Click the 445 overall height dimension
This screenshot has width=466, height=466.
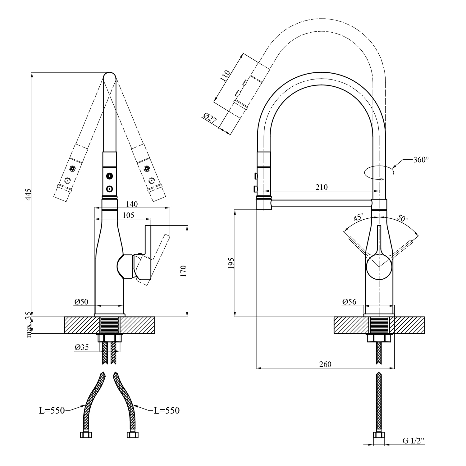(x=28, y=194)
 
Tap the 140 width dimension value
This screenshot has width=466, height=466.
(x=132, y=204)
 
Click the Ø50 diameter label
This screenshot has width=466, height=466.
(x=81, y=301)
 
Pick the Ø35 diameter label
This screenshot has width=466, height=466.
(x=82, y=347)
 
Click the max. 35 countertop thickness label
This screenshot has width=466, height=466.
(x=29, y=325)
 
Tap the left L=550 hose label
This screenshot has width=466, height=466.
(x=52, y=411)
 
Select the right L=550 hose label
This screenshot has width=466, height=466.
(x=167, y=411)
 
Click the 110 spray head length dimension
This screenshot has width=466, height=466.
(x=225, y=76)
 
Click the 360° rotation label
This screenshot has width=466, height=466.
(x=421, y=160)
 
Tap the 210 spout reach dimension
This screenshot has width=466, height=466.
(x=322, y=187)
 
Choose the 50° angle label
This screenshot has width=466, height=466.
(x=403, y=218)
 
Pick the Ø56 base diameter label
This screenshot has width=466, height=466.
(x=349, y=301)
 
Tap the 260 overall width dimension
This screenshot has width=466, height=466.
(x=325, y=364)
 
